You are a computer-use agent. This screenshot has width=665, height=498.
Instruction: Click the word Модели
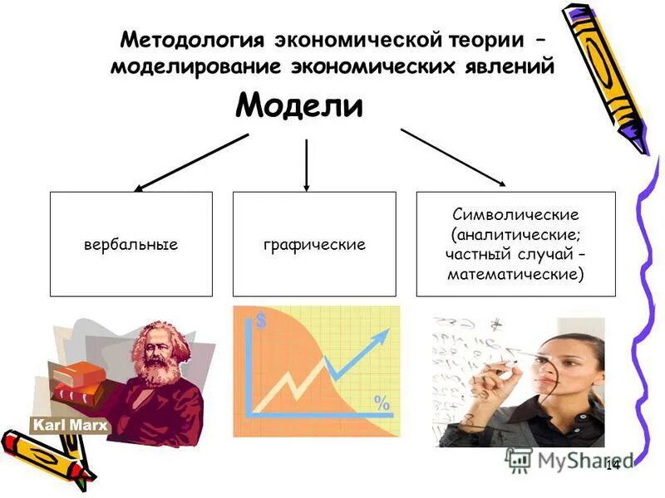(299, 107)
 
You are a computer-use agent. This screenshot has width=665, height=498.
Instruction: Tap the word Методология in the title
(193, 40)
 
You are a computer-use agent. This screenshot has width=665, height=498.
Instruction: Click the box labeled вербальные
(131, 245)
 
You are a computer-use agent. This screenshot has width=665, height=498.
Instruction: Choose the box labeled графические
(314, 245)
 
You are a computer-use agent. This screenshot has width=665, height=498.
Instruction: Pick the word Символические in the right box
(515, 215)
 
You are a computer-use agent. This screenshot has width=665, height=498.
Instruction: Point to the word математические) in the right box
(515, 271)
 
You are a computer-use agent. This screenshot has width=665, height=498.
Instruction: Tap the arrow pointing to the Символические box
(454, 157)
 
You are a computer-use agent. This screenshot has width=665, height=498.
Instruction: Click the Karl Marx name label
(60, 426)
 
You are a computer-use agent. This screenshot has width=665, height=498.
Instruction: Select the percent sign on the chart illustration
(382, 403)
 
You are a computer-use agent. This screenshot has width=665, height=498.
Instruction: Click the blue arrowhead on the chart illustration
(380, 336)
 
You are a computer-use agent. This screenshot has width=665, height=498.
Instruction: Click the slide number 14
(613, 464)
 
